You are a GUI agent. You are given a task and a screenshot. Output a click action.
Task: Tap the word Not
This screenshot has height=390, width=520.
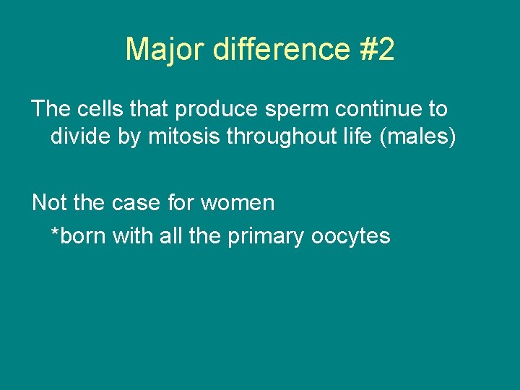click(49, 203)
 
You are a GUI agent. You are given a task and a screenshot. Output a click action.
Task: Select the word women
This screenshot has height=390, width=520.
click(238, 204)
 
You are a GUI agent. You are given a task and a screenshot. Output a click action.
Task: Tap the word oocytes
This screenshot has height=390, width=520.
click(351, 237)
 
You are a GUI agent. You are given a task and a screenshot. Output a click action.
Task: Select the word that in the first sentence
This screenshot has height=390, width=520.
click(149, 109)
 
